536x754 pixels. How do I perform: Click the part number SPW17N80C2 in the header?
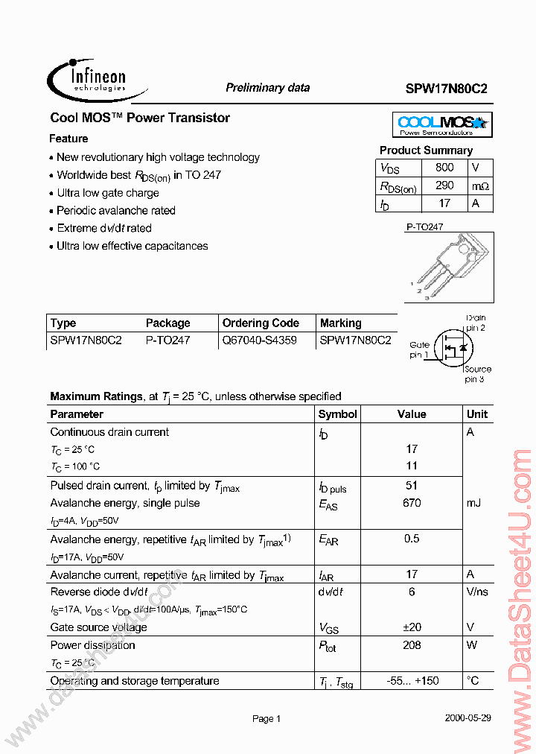click(447, 88)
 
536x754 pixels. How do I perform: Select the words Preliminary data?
click(267, 88)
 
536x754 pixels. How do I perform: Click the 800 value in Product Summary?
click(444, 168)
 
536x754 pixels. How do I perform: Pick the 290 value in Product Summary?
click(444, 186)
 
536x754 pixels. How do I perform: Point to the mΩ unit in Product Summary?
click(480, 186)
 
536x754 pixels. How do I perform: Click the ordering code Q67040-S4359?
click(259, 340)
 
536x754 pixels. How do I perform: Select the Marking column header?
click(340, 323)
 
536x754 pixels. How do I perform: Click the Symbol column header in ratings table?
click(337, 414)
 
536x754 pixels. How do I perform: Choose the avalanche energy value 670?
click(412, 503)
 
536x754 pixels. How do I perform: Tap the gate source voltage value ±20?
click(412, 627)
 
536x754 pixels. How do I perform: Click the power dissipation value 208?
click(412, 645)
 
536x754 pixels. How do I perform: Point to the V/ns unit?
click(477, 592)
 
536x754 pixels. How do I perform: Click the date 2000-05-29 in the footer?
click(468, 719)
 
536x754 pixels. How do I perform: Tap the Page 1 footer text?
click(267, 719)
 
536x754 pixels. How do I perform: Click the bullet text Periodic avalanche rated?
click(116, 211)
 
